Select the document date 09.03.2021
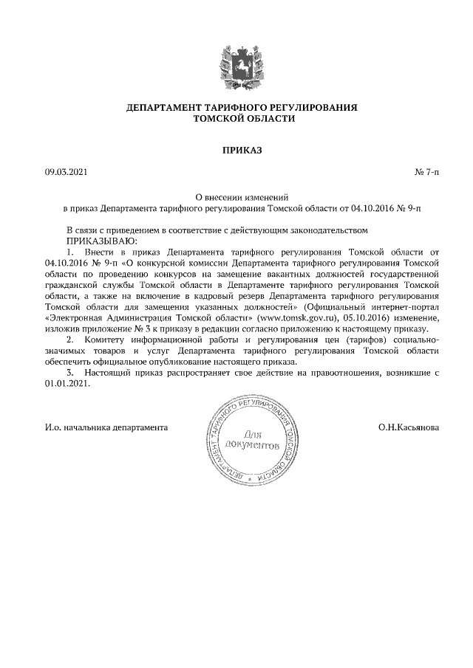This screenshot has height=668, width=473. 66,173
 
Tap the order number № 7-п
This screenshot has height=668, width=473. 427,173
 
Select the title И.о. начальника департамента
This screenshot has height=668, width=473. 106,427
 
